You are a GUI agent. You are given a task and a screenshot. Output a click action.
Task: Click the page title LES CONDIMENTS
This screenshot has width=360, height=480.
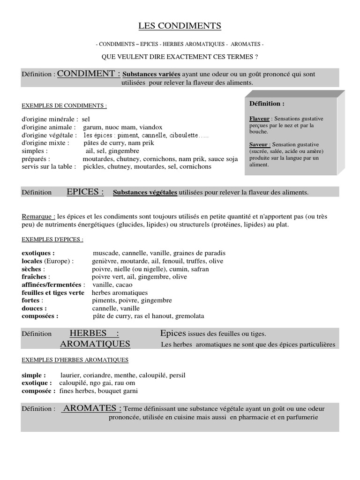pyautogui.click(x=180, y=26)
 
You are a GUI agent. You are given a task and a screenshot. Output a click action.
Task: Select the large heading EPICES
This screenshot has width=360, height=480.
pyautogui.click(x=85, y=192)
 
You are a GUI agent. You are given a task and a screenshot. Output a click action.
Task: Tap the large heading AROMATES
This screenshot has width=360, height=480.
pyautogui.click(x=92, y=408)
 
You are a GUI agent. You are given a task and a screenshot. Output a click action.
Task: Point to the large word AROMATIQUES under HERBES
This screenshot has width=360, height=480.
pyautogui.click(x=95, y=344)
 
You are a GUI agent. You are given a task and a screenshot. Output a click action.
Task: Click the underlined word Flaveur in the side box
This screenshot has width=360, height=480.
pyautogui.click(x=259, y=119)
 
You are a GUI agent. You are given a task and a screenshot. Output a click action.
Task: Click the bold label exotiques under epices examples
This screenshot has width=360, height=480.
pyautogui.click(x=38, y=253)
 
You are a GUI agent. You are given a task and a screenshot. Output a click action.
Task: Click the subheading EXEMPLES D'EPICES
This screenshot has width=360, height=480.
pyautogui.click(x=52, y=240)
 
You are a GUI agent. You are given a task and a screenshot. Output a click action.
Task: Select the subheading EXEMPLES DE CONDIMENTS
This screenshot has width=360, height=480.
pyautogui.click(x=64, y=106)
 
